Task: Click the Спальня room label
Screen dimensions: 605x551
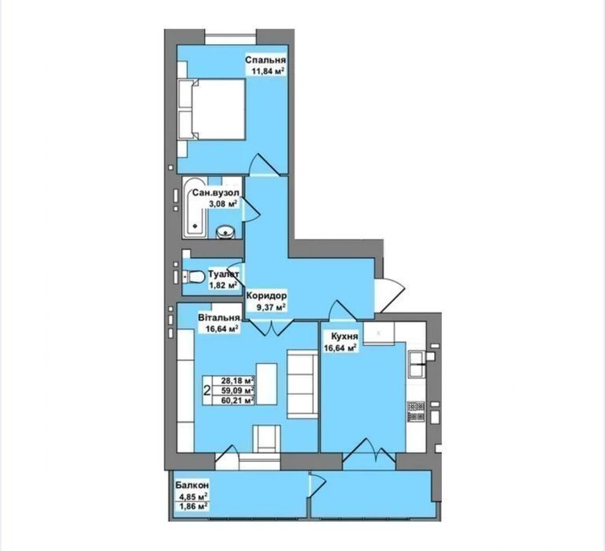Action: point(265,60)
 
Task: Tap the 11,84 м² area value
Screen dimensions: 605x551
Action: point(268,71)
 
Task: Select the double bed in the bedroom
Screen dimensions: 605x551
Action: point(211,109)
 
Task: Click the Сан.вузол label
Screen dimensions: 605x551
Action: point(216,192)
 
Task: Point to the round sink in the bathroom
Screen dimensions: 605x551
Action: point(225,232)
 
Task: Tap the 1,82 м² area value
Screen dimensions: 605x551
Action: point(223,285)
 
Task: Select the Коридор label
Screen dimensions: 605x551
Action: point(266,296)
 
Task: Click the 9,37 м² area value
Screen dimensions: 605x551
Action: point(271,307)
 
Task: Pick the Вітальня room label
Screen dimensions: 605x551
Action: point(219,318)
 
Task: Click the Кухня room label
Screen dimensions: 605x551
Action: point(344,337)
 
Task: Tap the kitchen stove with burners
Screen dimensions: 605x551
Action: point(417,411)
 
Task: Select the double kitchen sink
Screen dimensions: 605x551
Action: point(417,364)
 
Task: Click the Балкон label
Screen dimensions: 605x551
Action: point(192,485)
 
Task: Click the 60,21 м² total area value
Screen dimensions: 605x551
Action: point(238,400)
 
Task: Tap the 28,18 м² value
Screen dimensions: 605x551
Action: point(238,380)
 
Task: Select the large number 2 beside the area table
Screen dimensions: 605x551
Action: point(207,391)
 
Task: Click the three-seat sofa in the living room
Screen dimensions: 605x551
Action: point(302,384)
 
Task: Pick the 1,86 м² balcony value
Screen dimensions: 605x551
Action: point(193,506)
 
